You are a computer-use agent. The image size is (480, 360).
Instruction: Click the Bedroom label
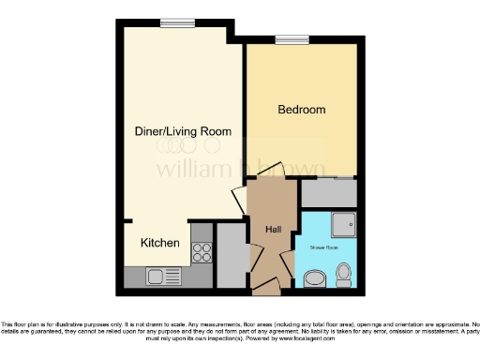click(302, 110)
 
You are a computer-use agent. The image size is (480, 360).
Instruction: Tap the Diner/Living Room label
click(184, 131)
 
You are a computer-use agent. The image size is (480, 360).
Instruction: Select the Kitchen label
click(160, 243)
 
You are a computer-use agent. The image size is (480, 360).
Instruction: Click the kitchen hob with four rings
click(201, 250)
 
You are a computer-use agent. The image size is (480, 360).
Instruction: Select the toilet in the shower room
click(343, 274)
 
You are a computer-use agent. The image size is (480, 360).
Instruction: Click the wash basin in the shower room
click(313, 278)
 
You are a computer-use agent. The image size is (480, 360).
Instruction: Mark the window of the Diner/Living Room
click(172, 24)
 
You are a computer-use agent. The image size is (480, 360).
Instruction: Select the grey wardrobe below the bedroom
click(328, 194)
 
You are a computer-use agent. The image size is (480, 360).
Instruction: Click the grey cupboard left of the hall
click(229, 255)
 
